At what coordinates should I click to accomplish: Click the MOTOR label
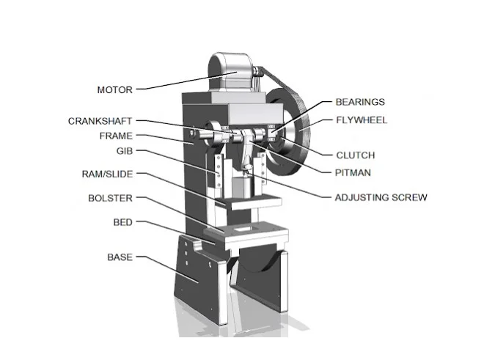click(114, 90)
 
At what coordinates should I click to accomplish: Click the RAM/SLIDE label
click(107, 175)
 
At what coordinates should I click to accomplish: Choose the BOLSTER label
click(110, 199)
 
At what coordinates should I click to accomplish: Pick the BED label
click(122, 221)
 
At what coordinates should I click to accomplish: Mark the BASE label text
click(120, 257)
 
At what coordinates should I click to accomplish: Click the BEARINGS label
click(360, 102)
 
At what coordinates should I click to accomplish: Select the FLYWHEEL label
click(361, 120)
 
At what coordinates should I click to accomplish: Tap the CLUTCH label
click(355, 155)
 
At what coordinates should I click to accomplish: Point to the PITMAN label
click(353, 173)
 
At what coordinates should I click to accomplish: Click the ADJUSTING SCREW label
click(381, 197)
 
